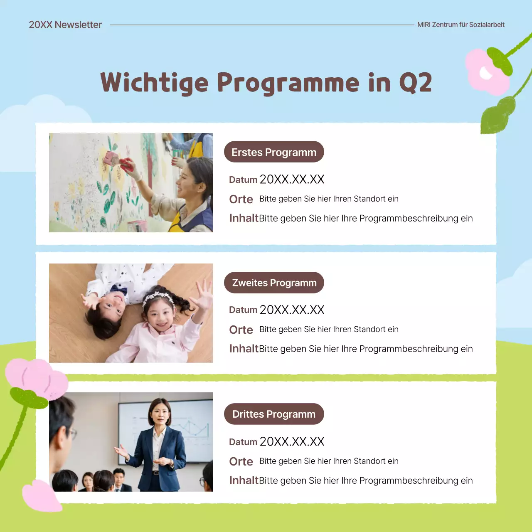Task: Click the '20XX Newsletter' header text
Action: (65, 25)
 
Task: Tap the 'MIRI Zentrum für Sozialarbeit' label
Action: (461, 25)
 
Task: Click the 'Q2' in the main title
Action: (415, 83)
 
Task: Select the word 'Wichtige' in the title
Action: (154, 83)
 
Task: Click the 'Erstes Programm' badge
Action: (274, 152)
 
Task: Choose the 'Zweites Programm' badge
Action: (274, 283)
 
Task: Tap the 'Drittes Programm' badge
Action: (274, 414)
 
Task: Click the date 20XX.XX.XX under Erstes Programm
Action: (292, 180)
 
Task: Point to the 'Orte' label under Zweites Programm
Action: (241, 330)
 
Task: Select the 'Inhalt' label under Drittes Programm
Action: (244, 480)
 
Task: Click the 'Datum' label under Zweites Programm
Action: (243, 310)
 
